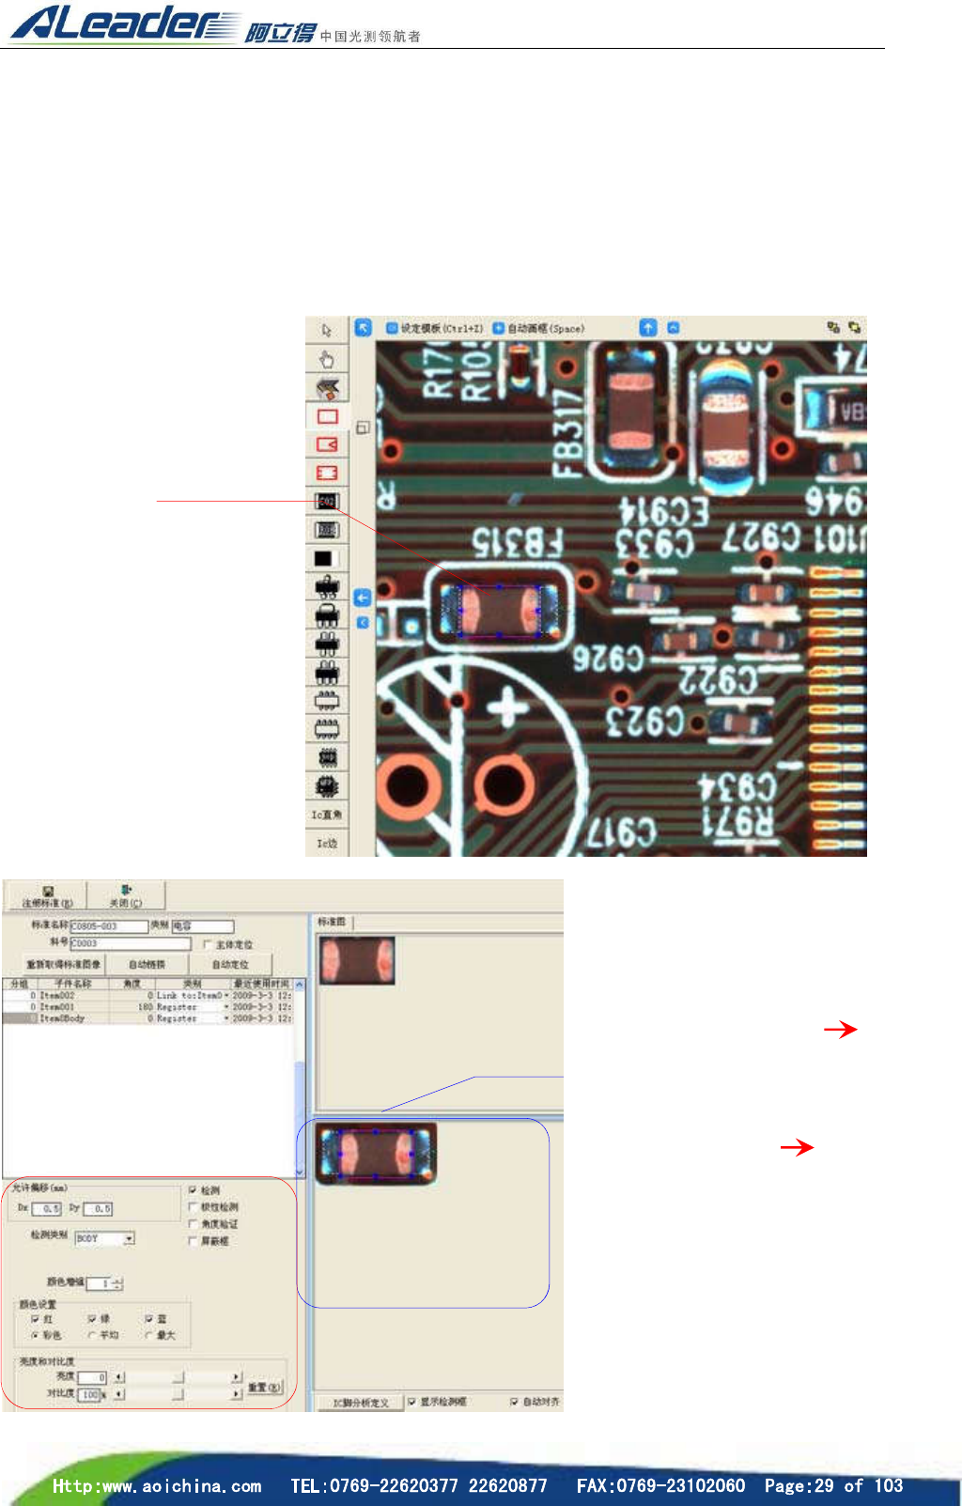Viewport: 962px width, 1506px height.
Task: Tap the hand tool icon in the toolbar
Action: click(326, 360)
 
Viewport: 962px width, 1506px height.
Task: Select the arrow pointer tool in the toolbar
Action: click(326, 331)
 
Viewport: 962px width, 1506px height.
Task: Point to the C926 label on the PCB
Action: click(609, 659)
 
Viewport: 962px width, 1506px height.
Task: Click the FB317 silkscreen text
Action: click(567, 433)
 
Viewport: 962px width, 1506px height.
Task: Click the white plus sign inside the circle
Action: click(507, 707)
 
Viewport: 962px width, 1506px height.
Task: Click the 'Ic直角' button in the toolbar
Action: click(327, 815)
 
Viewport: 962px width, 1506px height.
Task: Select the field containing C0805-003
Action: click(108, 926)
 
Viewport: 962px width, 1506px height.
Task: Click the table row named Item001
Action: click(57, 1006)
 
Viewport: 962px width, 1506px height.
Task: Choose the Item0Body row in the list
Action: click(62, 1017)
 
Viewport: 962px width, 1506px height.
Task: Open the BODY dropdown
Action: click(129, 1238)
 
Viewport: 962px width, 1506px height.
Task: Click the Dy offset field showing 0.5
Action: click(98, 1209)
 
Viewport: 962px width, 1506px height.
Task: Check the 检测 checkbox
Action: click(193, 1190)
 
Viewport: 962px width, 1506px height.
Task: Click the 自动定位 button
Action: click(230, 965)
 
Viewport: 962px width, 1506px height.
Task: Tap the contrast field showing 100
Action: click(89, 1395)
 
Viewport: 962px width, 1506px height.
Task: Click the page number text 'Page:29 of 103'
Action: click(833, 1485)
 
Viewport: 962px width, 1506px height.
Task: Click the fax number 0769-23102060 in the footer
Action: click(660, 1485)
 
